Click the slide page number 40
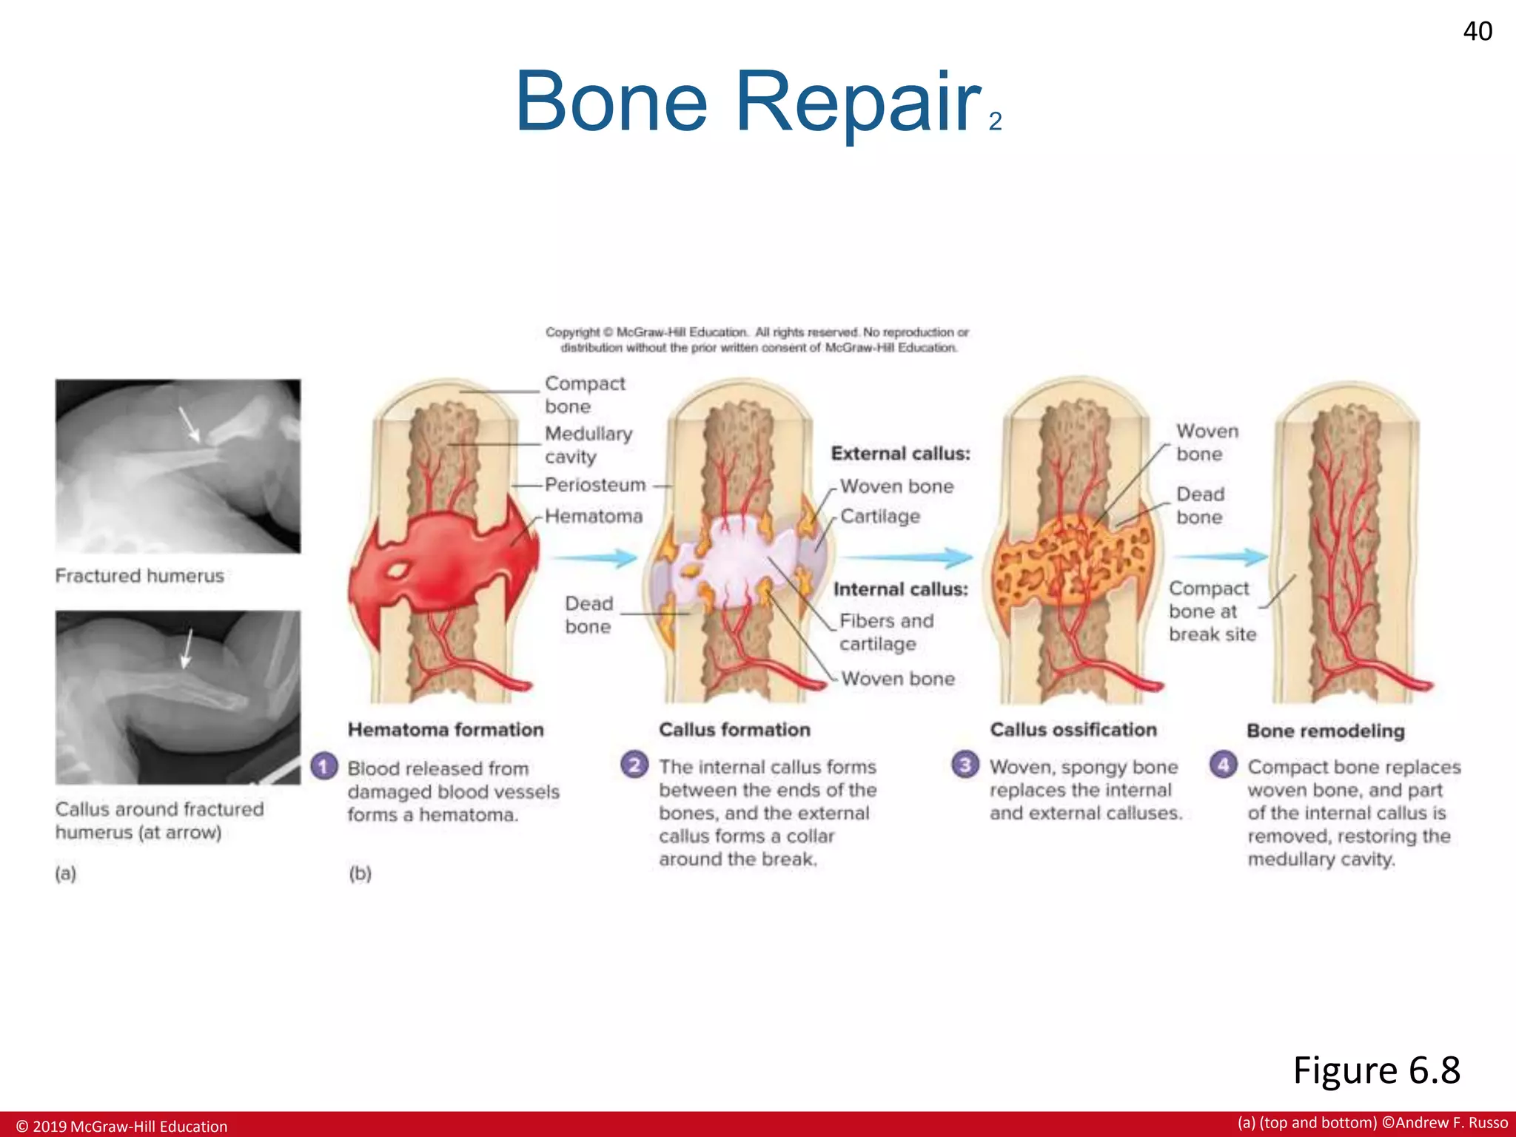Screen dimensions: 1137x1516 pos(1478,31)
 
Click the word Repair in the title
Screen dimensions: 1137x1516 pos(858,102)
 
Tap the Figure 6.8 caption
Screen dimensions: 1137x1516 pos(1376,1070)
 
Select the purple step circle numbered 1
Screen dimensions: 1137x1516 pos(324,765)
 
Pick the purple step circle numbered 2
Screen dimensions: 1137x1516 pos(634,764)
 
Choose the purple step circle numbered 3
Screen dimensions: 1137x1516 pos(965,764)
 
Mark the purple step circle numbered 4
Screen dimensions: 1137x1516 pos(1223,764)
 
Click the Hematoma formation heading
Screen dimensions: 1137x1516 pos(446,730)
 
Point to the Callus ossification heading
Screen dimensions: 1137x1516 pos(1073,730)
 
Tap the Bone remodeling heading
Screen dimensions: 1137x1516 pos(1325,731)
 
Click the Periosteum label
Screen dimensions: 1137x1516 pos(595,485)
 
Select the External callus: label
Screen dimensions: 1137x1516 pos(900,454)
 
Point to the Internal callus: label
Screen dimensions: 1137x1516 pos(900,589)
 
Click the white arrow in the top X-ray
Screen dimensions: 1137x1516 pos(189,425)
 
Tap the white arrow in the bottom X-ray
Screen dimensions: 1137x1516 pos(187,648)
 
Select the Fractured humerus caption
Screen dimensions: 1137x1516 pos(139,576)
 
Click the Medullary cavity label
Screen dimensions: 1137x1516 pos(588,445)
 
